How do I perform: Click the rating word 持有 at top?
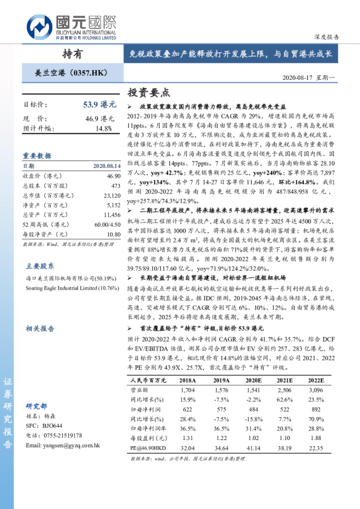pos(73,54)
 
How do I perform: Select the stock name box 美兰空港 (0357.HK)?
pos(71,73)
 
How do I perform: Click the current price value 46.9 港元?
pos(100,118)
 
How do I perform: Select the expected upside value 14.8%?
pos(103,128)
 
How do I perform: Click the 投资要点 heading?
pos(149,92)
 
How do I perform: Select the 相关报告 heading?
pos(40,328)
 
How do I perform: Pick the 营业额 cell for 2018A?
pos(188,391)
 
